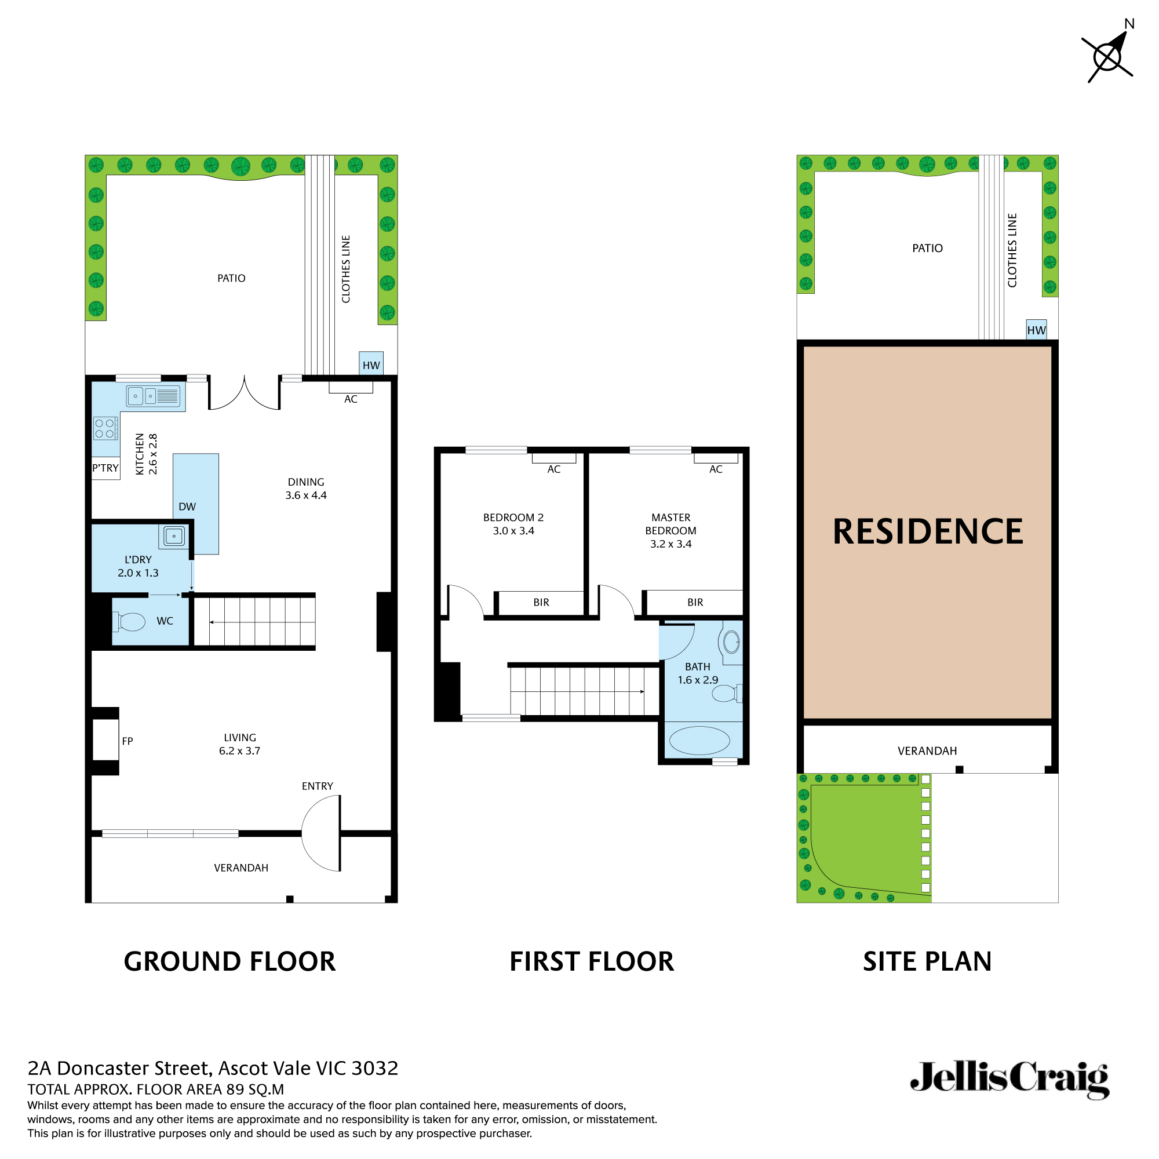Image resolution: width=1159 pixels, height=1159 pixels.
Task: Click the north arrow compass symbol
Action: (1107, 57)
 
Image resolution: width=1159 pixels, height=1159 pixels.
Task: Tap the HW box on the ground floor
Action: (371, 364)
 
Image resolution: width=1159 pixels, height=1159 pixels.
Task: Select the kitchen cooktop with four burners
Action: (104, 428)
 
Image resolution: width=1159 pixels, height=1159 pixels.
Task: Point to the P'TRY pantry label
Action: (105, 468)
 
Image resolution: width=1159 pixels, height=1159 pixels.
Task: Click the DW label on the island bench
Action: (187, 506)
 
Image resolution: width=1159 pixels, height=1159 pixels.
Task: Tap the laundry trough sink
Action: (174, 535)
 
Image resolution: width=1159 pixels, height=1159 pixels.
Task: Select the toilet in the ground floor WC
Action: (130, 621)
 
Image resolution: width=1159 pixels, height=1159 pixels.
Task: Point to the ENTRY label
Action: (318, 786)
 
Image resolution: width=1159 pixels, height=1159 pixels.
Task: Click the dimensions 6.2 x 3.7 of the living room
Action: (239, 751)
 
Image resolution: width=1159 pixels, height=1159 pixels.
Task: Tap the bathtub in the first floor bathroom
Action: (699, 740)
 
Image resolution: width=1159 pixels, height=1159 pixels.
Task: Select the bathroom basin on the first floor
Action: (731, 643)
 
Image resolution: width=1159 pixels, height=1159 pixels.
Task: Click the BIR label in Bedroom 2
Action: (541, 602)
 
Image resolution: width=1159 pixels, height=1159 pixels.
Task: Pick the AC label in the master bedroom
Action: (716, 469)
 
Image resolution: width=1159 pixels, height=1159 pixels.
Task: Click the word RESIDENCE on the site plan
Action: (927, 531)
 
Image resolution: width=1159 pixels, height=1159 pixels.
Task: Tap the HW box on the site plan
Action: (1036, 330)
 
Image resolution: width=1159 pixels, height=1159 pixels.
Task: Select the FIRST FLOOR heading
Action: (592, 961)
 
